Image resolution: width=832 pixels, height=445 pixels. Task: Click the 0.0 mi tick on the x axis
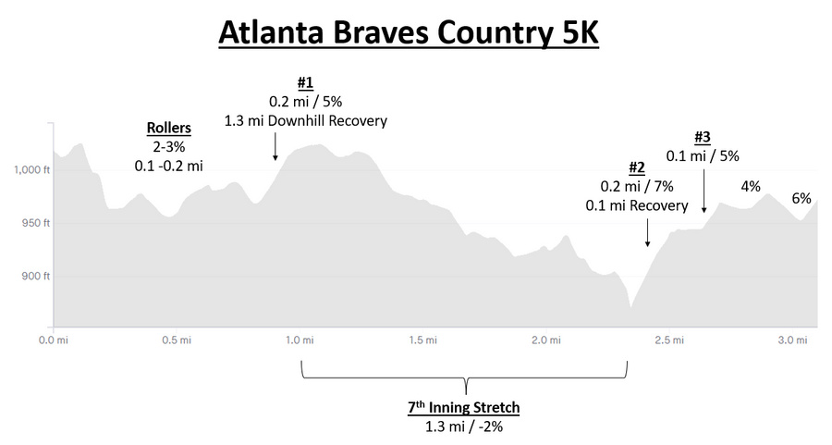point(53,340)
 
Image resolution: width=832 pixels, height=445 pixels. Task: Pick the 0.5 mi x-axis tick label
point(176,340)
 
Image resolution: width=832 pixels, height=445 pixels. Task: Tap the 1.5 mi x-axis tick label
point(422,340)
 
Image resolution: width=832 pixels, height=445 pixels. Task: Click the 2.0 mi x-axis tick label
point(544,340)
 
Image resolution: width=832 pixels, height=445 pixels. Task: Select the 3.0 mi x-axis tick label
point(790,340)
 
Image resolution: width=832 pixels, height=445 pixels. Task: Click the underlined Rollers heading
point(169,129)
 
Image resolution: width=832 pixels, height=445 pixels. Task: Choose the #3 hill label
point(702,137)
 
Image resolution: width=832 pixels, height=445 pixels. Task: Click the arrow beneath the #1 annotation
point(275,147)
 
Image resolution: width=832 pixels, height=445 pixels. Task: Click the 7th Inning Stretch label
point(465,407)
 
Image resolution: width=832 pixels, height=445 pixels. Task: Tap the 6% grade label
point(801,198)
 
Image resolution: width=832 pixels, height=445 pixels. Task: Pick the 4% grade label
point(751,187)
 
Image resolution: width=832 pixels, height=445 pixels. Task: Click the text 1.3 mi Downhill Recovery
point(305,121)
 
